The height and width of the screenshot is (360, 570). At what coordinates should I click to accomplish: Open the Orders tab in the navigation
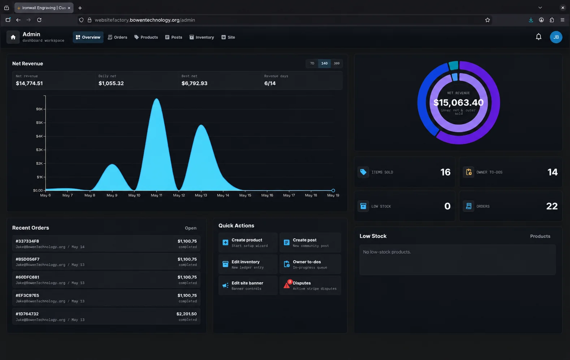(x=117, y=37)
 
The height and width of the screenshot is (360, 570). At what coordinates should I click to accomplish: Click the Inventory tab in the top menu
(x=202, y=37)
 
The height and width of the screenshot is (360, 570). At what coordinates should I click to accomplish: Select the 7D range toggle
(x=312, y=63)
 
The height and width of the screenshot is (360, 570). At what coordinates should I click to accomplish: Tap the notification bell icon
(x=539, y=37)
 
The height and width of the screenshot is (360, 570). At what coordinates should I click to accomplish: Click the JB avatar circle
(x=556, y=37)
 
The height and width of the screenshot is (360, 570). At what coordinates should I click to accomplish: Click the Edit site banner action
(x=248, y=286)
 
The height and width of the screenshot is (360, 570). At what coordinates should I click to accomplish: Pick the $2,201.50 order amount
(x=186, y=314)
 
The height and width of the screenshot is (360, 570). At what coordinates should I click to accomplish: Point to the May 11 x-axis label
(x=156, y=195)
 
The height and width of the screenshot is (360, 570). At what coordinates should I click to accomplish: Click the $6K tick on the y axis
(x=39, y=109)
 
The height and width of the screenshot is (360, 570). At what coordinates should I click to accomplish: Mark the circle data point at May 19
(x=333, y=191)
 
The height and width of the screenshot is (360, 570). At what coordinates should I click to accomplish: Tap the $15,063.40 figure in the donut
(x=458, y=103)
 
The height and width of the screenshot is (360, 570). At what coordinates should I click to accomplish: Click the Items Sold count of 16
(x=445, y=172)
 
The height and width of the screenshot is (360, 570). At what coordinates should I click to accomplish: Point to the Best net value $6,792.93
(x=194, y=83)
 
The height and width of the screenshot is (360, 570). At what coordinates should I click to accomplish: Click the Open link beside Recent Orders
(x=191, y=228)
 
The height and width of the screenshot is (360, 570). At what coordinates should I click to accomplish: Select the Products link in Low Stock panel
(x=540, y=237)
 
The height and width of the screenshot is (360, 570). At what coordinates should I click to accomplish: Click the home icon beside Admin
(x=13, y=37)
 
